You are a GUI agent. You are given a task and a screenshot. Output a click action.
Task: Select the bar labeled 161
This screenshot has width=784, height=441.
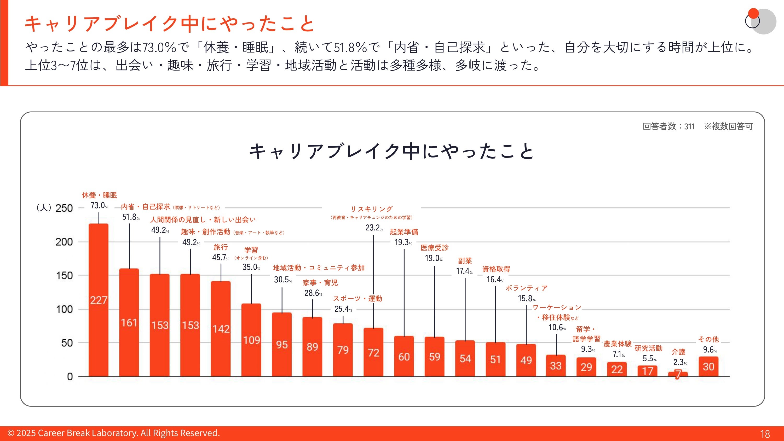[x=129, y=323]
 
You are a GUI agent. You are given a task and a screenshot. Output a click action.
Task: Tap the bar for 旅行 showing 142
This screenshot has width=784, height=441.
[x=221, y=329]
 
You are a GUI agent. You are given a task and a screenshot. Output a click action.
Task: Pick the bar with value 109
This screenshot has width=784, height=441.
[x=251, y=340]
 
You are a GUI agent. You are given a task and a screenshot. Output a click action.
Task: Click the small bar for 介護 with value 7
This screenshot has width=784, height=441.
[x=678, y=374]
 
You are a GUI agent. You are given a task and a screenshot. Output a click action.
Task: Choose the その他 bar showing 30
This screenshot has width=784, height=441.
[x=708, y=367]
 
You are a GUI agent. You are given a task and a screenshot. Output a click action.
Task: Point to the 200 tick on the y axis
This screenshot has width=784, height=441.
[x=64, y=242]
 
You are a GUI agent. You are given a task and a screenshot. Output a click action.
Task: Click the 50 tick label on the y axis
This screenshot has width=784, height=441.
[x=67, y=343]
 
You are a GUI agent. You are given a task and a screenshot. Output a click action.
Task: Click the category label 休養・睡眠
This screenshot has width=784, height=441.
[x=99, y=195]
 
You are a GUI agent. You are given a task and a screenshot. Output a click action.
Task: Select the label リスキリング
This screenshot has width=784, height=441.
[x=372, y=209]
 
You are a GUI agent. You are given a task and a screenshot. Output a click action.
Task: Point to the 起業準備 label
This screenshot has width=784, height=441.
[x=404, y=232]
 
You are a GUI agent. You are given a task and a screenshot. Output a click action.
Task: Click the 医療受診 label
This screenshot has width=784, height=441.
[x=434, y=248]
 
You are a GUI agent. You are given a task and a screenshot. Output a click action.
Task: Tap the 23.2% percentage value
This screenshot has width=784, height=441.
[x=374, y=228]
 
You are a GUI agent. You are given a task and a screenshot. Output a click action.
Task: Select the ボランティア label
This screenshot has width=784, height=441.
[x=527, y=288]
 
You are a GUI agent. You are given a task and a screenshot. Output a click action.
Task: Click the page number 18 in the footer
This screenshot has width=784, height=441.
[x=765, y=434]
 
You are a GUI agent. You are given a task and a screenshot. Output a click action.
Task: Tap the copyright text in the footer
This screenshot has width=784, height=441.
[x=113, y=433]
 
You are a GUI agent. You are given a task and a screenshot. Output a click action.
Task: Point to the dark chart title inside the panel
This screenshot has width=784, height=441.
[x=391, y=151]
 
